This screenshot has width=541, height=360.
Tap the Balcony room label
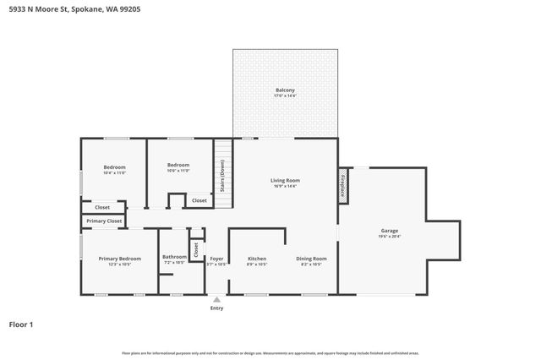(285, 90)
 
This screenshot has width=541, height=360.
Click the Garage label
(389, 231)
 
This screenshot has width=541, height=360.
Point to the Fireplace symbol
(343, 183)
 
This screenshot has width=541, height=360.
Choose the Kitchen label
(257, 258)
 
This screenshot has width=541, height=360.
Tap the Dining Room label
(311, 258)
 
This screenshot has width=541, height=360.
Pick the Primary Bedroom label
(119, 258)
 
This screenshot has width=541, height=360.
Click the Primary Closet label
(104, 221)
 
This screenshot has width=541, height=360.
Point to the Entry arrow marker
(216, 299)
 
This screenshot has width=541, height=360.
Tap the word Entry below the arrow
(216, 308)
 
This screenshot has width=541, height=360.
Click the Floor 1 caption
(21, 324)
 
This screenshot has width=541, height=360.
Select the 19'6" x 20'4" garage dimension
(389, 237)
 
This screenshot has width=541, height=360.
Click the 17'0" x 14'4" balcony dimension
(285, 96)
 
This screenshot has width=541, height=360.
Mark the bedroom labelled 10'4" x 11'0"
(114, 168)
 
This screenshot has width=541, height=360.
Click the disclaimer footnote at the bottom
(270, 352)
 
